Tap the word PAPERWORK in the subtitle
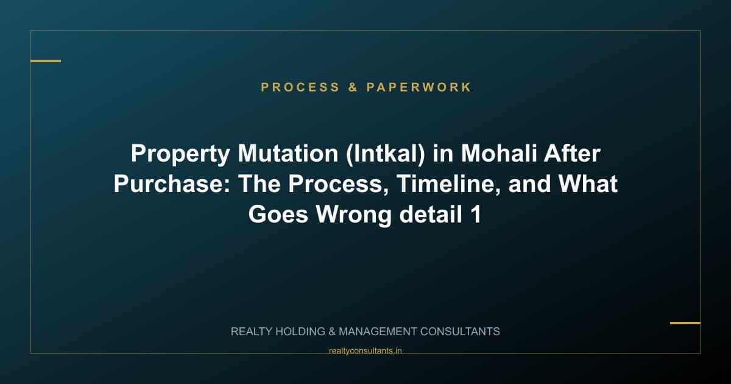(x=419, y=87)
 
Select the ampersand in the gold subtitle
(x=353, y=87)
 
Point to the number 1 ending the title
(x=476, y=215)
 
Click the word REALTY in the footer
(x=253, y=332)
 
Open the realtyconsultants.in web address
(x=365, y=350)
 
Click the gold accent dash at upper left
(x=46, y=61)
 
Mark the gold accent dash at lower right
(x=685, y=323)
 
